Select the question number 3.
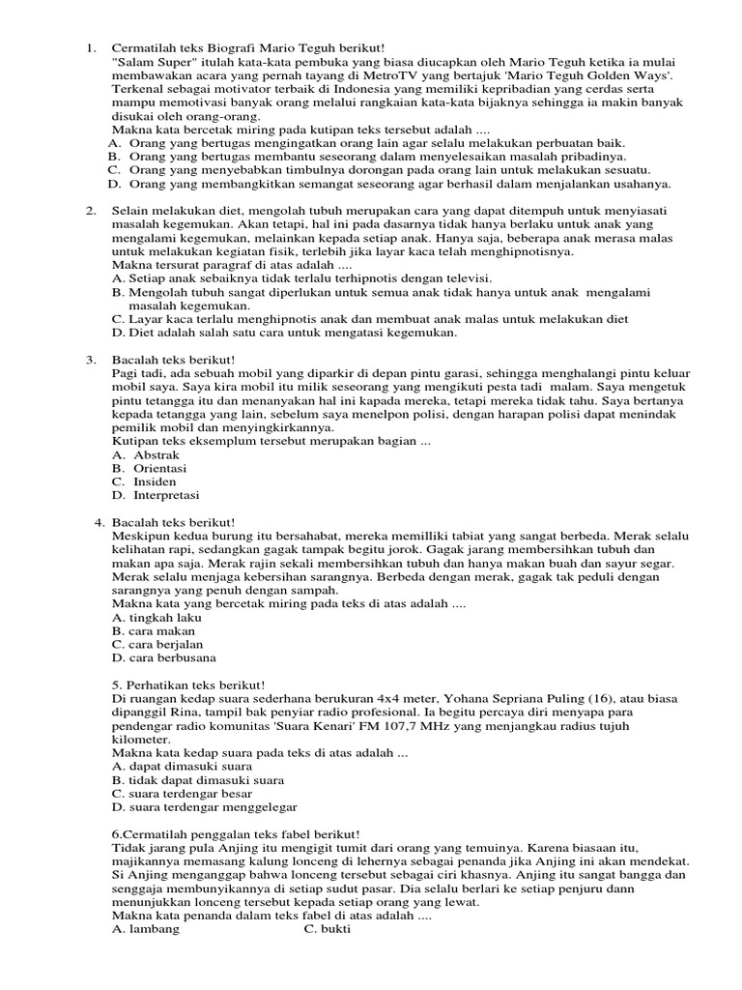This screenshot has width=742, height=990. click(90, 359)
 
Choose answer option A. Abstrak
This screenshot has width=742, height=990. click(141, 453)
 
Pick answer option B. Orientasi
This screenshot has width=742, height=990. click(146, 467)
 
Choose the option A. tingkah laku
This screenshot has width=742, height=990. click(157, 616)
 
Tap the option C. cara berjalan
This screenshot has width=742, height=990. click(157, 643)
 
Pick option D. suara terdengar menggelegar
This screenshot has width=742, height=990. click(205, 806)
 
